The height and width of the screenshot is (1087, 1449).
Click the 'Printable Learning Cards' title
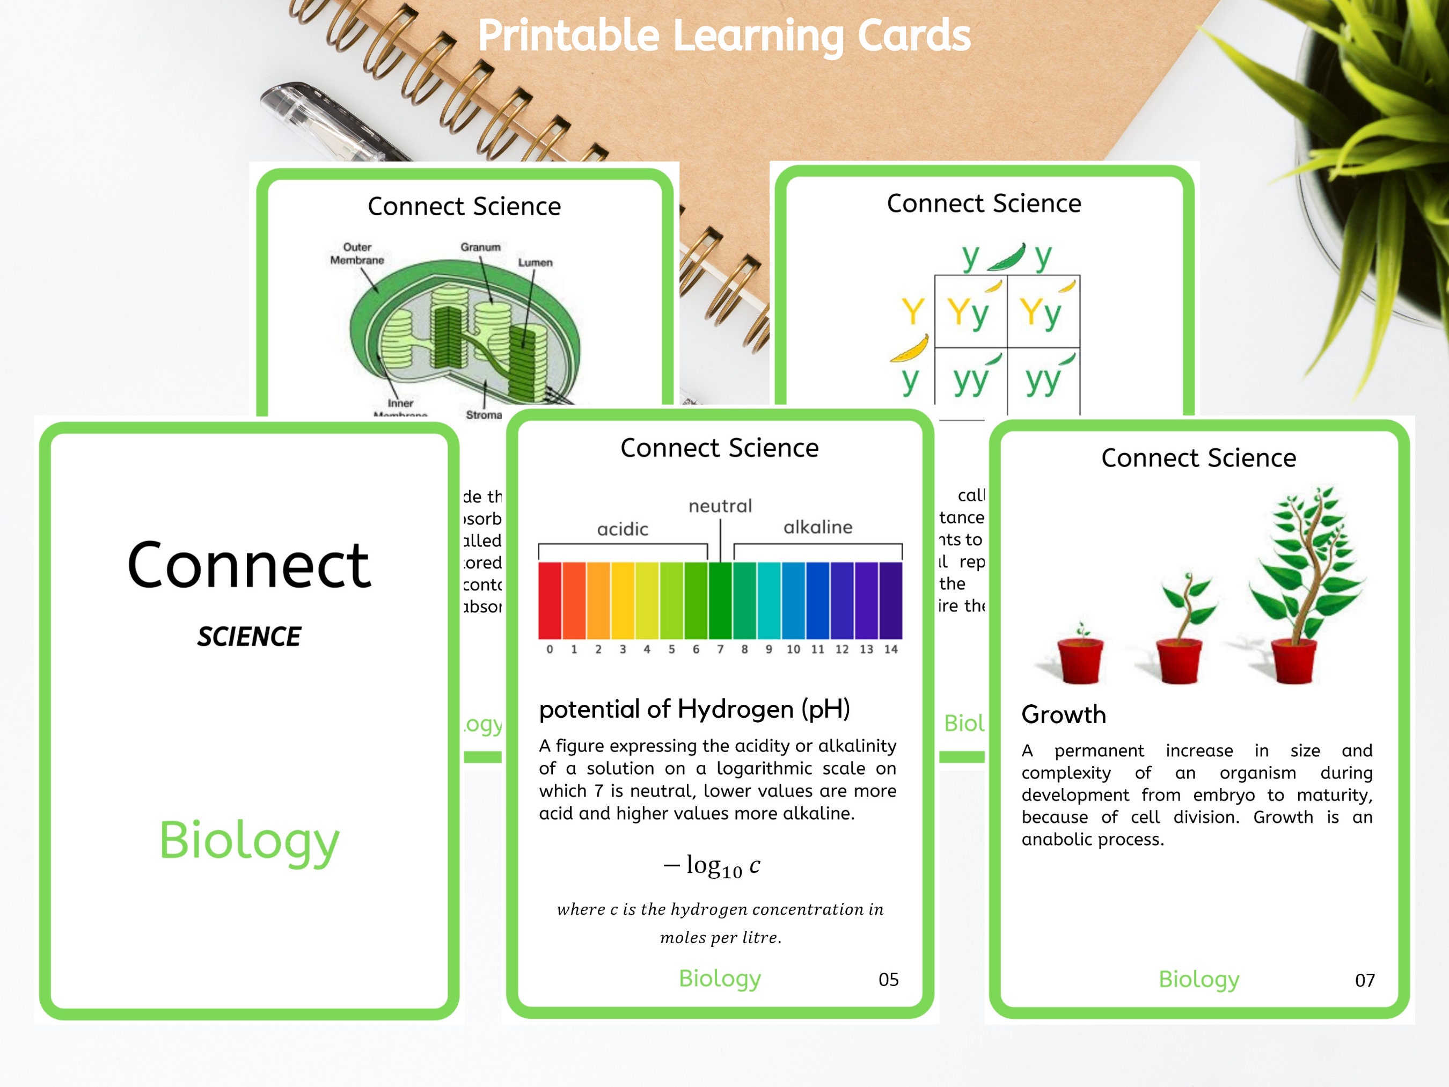point(724,35)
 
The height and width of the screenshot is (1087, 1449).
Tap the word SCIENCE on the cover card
point(249,636)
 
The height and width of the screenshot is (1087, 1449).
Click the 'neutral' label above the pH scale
point(720,506)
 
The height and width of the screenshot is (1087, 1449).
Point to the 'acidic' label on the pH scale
point(623,529)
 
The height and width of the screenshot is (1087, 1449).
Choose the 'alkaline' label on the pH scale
point(817,527)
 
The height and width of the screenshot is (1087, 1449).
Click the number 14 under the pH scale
point(890,650)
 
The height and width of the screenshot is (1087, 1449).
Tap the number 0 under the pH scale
point(550,650)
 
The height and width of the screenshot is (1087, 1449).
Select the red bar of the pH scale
point(550,600)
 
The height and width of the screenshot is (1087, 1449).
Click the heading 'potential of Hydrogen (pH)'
point(694,709)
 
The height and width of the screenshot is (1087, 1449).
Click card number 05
point(888,980)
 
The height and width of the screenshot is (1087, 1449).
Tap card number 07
point(1365,980)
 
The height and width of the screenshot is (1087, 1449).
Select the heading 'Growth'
point(1063,714)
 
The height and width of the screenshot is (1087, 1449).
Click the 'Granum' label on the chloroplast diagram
point(480,247)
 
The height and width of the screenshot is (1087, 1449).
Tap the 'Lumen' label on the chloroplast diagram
point(535,262)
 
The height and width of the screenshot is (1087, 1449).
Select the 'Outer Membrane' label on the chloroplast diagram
point(357,253)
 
